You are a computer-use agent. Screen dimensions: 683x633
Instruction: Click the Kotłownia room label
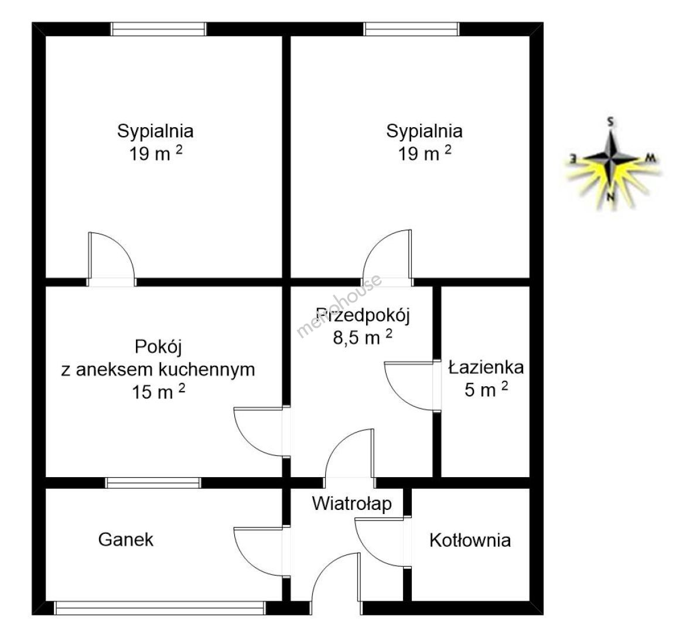(x=470, y=540)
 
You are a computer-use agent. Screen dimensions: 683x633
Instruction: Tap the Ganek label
(x=126, y=540)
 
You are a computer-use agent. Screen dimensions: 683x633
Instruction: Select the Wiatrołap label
(x=351, y=504)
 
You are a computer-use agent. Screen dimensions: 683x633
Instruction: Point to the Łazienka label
(x=486, y=367)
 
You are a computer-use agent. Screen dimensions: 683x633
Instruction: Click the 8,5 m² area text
(x=363, y=337)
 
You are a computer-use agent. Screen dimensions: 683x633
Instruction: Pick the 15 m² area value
(x=159, y=391)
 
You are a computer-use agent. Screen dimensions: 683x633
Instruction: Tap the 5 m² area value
(x=486, y=389)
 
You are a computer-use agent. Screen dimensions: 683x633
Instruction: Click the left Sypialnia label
(x=155, y=131)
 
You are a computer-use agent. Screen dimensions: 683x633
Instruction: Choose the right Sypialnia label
(x=424, y=131)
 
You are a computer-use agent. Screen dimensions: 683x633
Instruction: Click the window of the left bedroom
(x=158, y=29)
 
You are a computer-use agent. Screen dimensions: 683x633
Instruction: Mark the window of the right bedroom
(x=411, y=29)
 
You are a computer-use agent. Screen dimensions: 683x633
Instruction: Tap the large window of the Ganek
(x=160, y=608)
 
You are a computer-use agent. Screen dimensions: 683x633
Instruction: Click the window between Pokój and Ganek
(x=153, y=482)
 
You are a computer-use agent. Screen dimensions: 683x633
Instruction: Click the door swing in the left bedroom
(x=111, y=259)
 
